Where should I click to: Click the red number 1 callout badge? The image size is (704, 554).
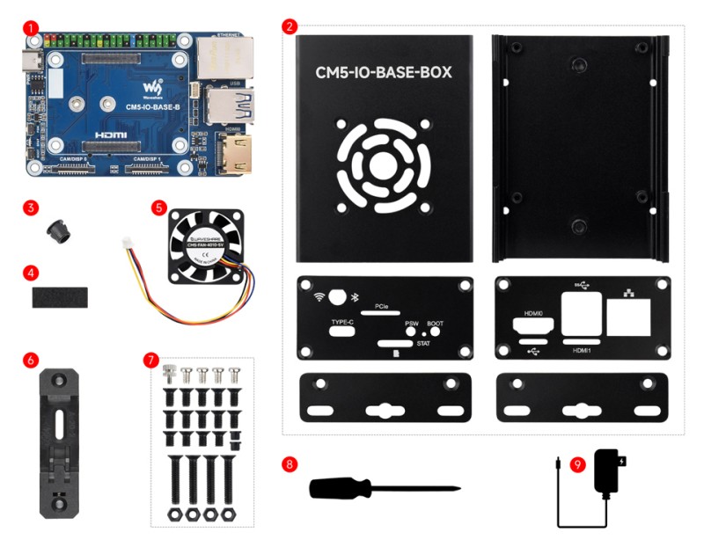pos(32,28)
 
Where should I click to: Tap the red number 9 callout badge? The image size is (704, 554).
pos(577,464)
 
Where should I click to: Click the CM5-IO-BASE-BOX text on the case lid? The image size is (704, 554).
pos(384,73)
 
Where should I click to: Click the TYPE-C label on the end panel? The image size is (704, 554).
pos(342,324)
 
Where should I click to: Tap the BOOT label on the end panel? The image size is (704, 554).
pos(435,323)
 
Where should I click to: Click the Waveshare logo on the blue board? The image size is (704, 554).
pos(155,89)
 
